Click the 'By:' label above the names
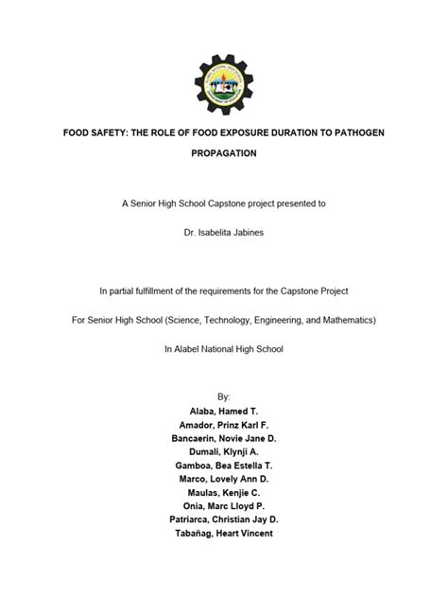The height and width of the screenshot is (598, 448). pyautogui.click(x=223, y=397)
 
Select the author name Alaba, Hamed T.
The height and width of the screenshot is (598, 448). pyautogui.click(x=223, y=413)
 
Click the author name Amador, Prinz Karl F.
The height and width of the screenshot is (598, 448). pyautogui.click(x=223, y=428)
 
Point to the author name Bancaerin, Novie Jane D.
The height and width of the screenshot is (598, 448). pyautogui.click(x=223, y=443)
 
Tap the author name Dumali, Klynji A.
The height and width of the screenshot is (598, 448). pyautogui.click(x=223, y=458)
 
